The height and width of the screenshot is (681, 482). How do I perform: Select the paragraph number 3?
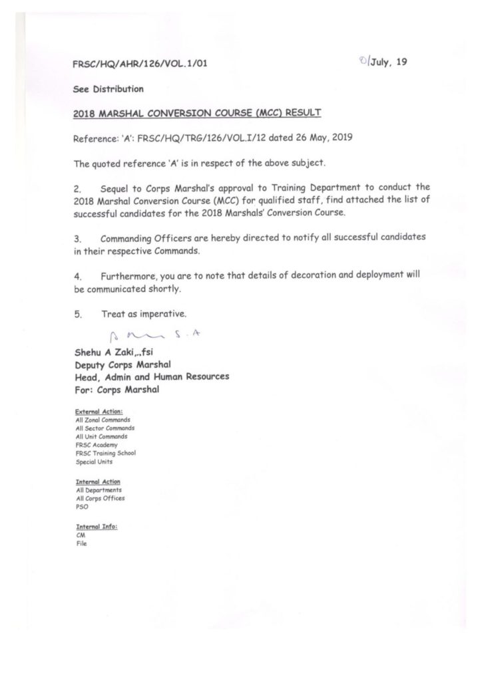pyautogui.click(x=77, y=238)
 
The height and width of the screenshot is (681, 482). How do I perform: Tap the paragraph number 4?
pyautogui.click(x=77, y=275)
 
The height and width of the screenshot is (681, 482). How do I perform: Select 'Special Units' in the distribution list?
pyautogui.click(x=95, y=460)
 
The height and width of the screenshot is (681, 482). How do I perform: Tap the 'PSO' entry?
pyautogui.click(x=83, y=505)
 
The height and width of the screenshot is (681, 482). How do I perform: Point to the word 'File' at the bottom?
pyautogui.click(x=81, y=542)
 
